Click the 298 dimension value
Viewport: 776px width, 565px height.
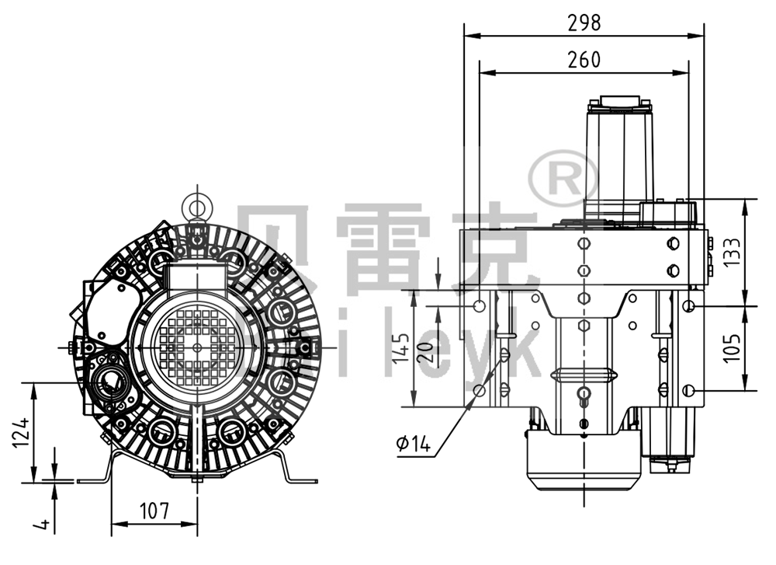[584, 23]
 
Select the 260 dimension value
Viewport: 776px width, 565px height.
[584, 60]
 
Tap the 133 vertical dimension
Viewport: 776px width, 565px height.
[731, 252]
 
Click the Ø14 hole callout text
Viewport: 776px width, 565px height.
[412, 444]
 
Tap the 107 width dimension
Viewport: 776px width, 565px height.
[154, 511]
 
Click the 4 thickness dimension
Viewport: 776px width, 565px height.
[44, 525]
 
